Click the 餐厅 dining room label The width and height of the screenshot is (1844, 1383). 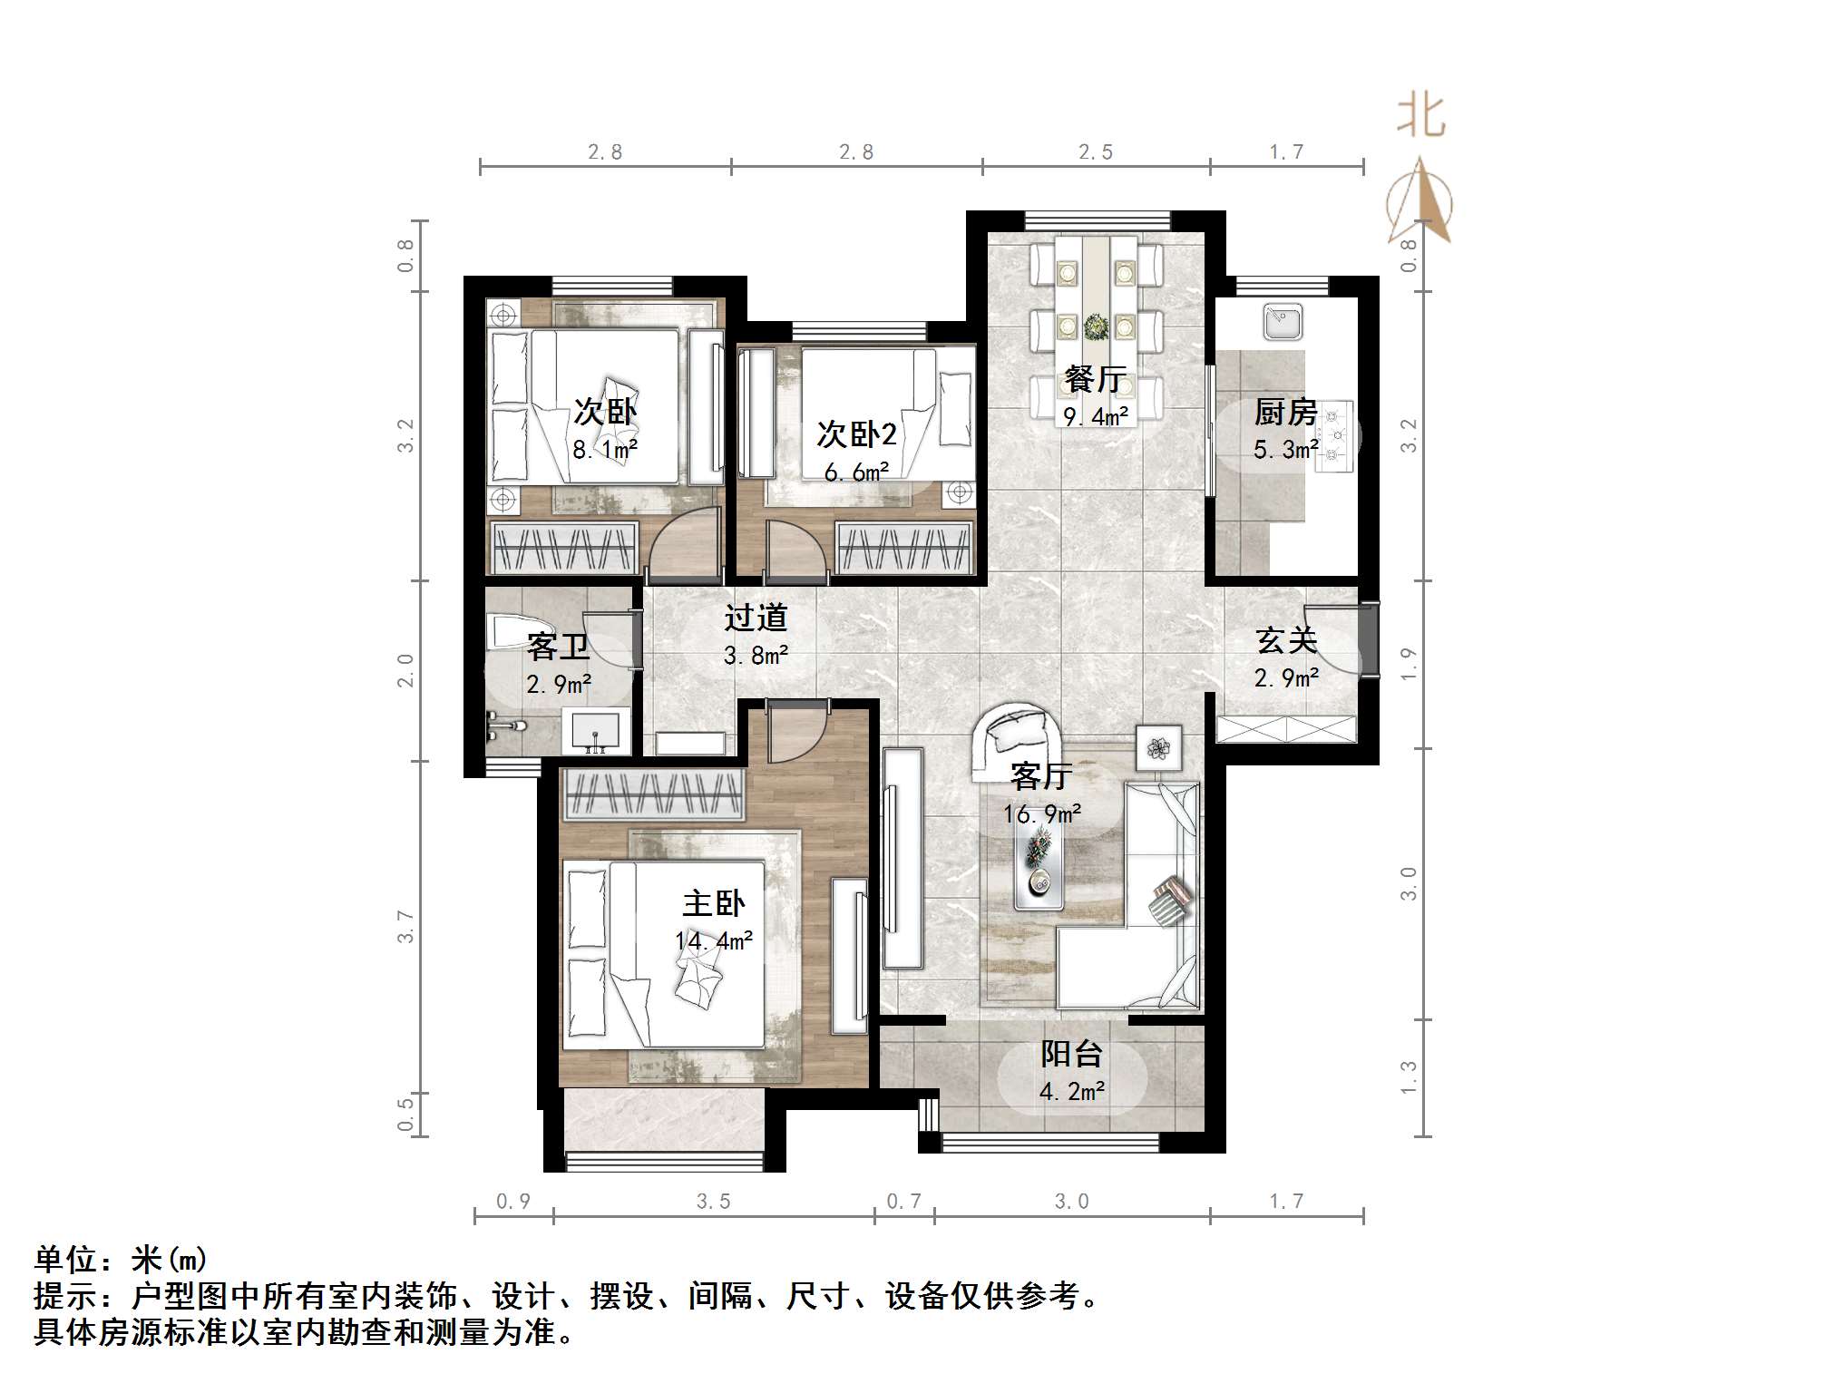point(1096,379)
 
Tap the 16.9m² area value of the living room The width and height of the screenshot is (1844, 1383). point(1041,813)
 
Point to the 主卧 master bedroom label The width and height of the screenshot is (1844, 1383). point(714,903)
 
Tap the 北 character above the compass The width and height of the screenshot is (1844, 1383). point(1420,117)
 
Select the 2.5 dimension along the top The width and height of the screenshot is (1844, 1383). point(1095,152)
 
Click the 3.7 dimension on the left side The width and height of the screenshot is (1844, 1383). point(405,926)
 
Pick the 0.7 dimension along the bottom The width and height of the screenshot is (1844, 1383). point(903,1202)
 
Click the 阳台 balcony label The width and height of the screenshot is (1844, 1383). point(1071,1054)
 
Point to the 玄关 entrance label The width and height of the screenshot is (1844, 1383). point(1286,640)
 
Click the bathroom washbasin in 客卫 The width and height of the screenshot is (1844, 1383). point(595,732)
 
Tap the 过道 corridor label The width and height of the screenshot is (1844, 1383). point(755,618)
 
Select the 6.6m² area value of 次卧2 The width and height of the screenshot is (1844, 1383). point(855,472)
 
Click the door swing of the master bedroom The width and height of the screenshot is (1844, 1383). point(794,735)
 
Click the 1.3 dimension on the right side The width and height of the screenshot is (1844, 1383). point(1407,1077)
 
